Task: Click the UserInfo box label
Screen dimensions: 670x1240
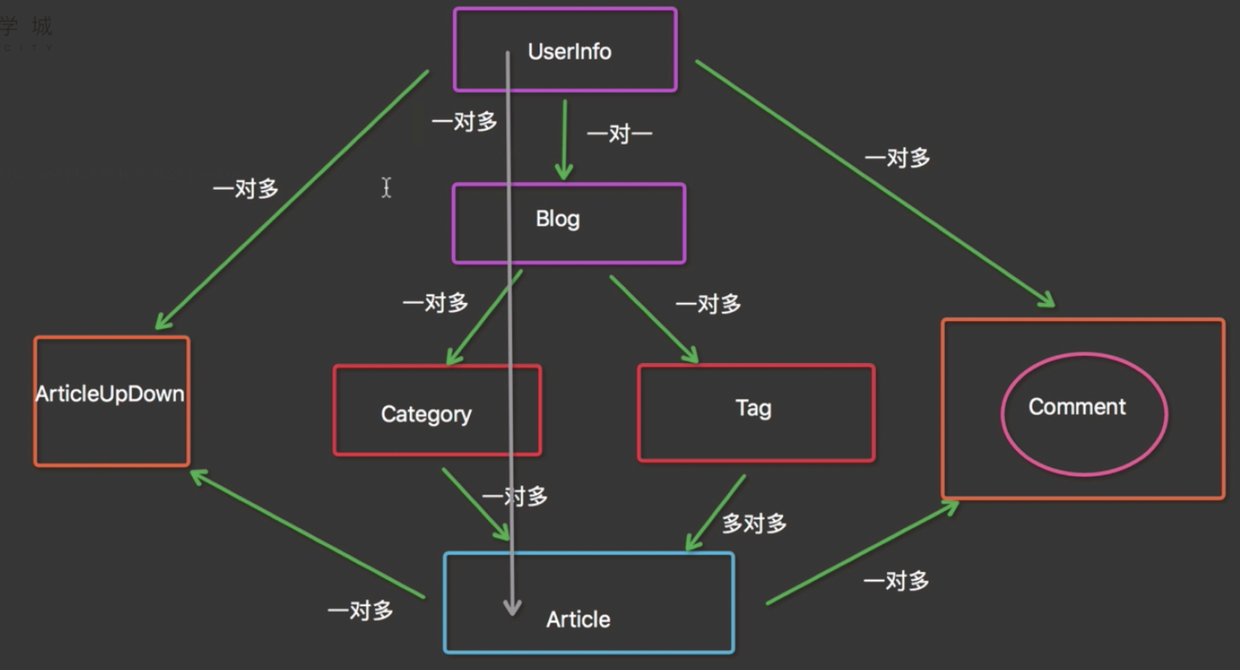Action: point(569,51)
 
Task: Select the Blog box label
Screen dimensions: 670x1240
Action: point(557,219)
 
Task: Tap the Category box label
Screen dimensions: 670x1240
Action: point(426,414)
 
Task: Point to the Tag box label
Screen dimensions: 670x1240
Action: point(753,408)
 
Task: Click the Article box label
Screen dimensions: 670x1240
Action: point(578,619)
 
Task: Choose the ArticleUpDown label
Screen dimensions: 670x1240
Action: point(110,394)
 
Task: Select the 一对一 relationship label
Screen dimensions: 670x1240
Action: point(619,134)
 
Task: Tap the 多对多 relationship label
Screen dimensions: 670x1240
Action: point(754,523)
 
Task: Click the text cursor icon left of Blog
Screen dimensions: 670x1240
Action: point(386,187)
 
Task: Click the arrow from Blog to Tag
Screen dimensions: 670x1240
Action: point(653,319)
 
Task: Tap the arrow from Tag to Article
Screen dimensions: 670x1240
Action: point(716,512)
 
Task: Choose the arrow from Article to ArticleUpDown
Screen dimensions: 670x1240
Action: point(308,534)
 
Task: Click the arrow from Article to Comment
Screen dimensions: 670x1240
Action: point(862,553)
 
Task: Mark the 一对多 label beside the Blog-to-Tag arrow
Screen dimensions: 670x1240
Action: point(708,303)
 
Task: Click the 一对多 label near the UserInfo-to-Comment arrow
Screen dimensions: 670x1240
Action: point(897,158)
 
